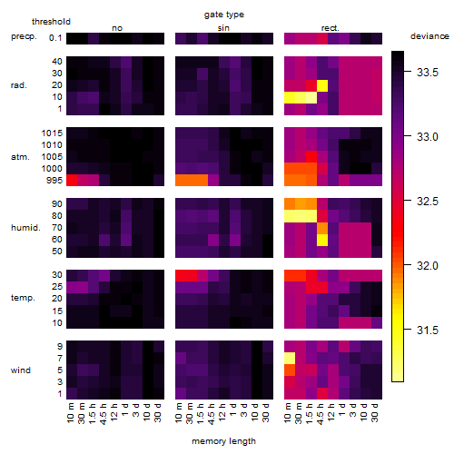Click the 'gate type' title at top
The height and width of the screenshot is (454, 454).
pos(224,15)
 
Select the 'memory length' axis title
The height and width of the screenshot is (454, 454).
pos(223,441)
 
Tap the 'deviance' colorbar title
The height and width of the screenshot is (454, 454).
pos(429,36)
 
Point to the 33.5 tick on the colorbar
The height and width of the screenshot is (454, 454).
pos(428,73)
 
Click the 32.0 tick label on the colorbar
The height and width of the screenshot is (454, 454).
pos(428,266)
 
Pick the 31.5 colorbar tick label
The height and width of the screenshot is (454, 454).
pos(428,331)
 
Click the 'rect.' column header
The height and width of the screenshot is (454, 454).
pos(331,28)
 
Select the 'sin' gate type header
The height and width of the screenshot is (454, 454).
pos(223,28)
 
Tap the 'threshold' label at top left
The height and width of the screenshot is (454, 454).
pos(51,22)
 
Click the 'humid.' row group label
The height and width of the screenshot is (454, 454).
pos(25,228)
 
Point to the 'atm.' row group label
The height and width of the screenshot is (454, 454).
pos(20,157)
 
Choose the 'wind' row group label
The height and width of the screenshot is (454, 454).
pos(21,370)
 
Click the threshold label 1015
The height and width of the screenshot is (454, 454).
pos(52,133)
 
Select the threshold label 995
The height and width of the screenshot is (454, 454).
pos(54,181)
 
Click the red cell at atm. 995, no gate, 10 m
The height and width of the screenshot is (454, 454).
pos(72,180)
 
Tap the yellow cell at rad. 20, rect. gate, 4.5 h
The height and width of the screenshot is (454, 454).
pos(322,85)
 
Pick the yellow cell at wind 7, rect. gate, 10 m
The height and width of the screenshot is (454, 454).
pos(290,359)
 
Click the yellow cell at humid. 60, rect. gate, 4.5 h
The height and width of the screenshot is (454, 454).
pos(322,240)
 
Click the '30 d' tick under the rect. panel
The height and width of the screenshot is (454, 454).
pos(375,412)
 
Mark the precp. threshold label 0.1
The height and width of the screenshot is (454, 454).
pos(55,38)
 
